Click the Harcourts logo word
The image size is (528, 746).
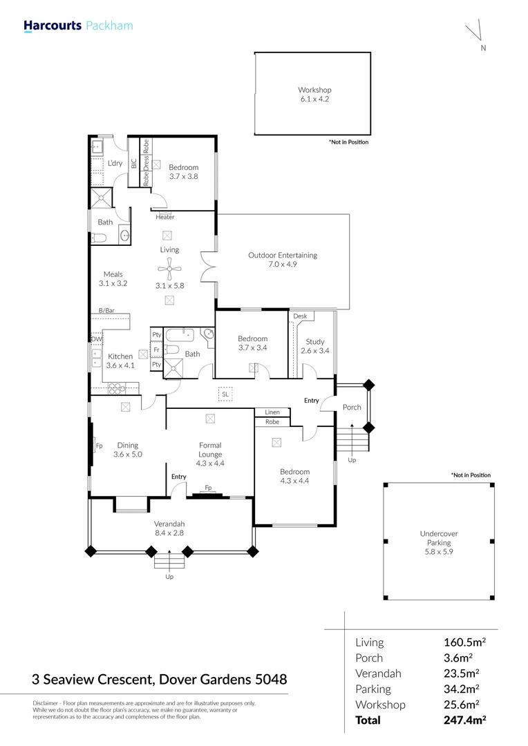53,26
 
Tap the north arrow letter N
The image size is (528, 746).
483,48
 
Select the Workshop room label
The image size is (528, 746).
314,90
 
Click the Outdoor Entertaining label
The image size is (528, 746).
283,255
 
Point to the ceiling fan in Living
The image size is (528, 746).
169,270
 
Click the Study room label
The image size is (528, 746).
314,342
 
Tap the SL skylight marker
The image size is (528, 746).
225,394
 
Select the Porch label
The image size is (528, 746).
352,408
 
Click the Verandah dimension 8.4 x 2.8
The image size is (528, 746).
169,533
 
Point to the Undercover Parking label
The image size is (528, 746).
438,538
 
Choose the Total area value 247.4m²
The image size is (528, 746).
464,720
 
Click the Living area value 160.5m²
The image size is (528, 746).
464,642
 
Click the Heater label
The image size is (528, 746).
164,217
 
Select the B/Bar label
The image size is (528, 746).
106,311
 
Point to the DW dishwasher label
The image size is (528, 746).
97,339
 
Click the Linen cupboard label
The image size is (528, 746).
272,412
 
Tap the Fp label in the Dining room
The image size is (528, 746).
100,446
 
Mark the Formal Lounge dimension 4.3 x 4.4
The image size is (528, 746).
210,463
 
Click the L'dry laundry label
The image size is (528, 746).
115,163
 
